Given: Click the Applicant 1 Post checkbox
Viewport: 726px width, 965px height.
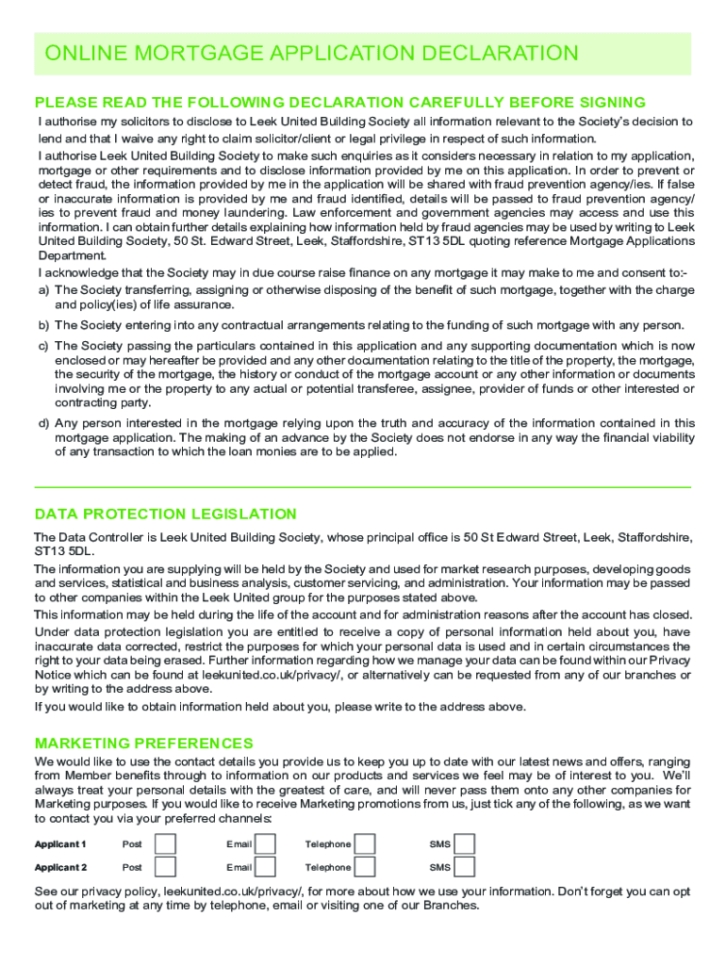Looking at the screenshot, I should click(165, 843).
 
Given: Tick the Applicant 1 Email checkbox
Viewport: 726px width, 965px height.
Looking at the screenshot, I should click(266, 843).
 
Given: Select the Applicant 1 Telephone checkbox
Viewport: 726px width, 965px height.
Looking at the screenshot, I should click(365, 843).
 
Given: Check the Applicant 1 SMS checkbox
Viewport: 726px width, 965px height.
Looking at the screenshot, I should click(464, 843).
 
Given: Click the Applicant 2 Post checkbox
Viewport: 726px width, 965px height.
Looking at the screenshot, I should click(165, 867).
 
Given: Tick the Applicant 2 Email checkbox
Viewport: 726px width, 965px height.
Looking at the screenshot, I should click(266, 867).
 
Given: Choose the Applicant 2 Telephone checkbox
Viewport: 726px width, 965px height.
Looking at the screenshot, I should click(365, 867).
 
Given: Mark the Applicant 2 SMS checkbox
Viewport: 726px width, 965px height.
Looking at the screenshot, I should click(464, 867).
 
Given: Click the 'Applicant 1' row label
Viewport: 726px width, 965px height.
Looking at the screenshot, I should click(60, 844).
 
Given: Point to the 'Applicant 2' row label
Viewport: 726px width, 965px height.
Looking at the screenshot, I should click(60, 868).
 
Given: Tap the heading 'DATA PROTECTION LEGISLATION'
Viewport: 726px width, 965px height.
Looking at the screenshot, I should click(165, 515).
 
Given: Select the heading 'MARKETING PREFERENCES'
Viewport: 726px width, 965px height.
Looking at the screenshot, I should click(143, 744).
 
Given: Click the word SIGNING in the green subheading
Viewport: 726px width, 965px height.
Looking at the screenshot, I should click(605, 103).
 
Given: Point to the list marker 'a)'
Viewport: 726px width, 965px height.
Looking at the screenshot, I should click(43, 290).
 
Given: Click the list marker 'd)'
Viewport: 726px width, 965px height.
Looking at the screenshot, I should click(43, 423).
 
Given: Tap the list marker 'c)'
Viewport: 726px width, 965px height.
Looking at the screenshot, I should click(43, 347).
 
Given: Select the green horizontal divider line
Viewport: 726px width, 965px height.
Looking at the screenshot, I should click(362, 486).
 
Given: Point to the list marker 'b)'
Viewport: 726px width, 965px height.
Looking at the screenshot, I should click(43, 325).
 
